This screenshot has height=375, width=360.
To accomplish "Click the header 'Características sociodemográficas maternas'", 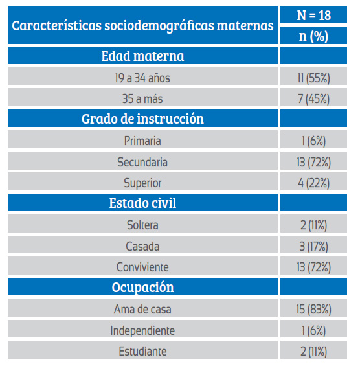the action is point(142,26).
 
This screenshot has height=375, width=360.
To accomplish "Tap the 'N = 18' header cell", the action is point(313,16).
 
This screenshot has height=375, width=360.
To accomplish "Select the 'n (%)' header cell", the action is point(313,36).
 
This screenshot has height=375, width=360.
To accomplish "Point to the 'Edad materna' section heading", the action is point(142,56).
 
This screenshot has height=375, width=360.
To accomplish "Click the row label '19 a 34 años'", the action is point(142,78).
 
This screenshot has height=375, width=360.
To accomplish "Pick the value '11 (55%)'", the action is point(313,78).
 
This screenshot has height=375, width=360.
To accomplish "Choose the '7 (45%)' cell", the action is point(313,99).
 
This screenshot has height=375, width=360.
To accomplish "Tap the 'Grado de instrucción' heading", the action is point(142,119).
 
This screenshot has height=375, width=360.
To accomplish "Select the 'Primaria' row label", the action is point(142,141).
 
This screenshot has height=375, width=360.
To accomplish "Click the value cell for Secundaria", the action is point(313,162).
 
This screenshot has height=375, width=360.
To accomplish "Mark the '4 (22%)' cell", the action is point(313,183).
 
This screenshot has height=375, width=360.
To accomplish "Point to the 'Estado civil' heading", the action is point(142,203).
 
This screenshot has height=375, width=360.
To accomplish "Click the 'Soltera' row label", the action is point(142,225).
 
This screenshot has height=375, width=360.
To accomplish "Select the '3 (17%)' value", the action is point(313,246).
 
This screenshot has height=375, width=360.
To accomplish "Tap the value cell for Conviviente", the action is point(313,267).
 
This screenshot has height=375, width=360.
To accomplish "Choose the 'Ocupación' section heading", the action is point(142,287).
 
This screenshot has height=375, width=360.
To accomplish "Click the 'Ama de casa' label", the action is point(142,309).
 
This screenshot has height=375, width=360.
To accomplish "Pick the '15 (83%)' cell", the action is point(313,309).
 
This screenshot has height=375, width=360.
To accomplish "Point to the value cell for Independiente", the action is point(313,330).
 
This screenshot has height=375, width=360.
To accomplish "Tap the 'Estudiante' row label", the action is point(142,351).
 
